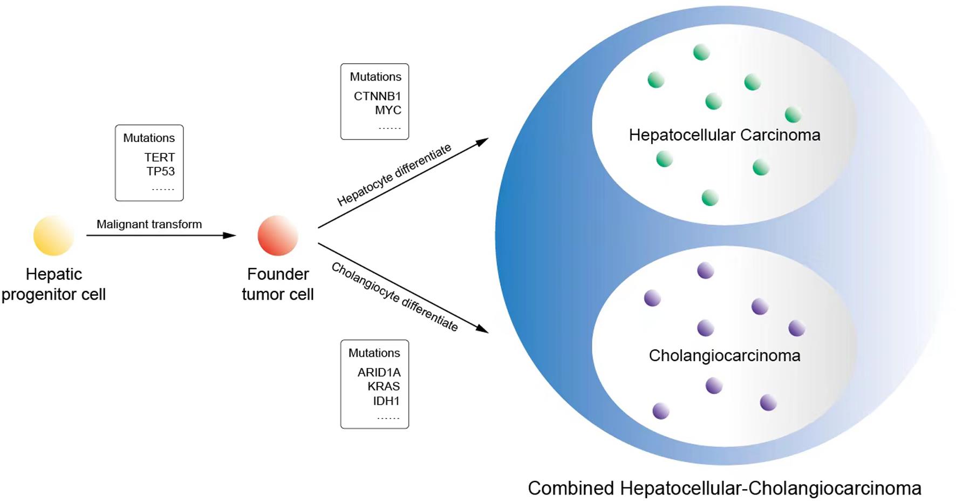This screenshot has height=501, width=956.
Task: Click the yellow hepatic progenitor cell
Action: click(x=53, y=235)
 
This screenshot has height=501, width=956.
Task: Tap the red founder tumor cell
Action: click(x=278, y=235)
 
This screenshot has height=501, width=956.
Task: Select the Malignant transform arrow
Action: click(x=161, y=235)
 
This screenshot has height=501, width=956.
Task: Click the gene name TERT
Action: click(x=159, y=157)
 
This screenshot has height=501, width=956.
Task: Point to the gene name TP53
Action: click(x=160, y=171)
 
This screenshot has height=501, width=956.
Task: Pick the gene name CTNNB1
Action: click(x=377, y=96)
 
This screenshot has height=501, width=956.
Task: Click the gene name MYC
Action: click(x=388, y=110)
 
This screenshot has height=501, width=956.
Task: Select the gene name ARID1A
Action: click(x=379, y=373)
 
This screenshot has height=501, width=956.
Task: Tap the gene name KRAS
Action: click(x=384, y=387)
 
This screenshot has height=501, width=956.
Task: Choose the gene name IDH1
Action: click(x=386, y=401)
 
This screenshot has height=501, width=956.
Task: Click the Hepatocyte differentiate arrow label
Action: click(x=394, y=175)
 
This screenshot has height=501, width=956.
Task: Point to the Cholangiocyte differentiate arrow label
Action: click(x=394, y=297)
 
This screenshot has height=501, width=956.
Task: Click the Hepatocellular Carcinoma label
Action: click(x=724, y=135)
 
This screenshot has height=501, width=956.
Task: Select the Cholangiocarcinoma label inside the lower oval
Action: click(x=724, y=356)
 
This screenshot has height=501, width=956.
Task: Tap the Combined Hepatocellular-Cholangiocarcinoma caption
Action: click(x=724, y=488)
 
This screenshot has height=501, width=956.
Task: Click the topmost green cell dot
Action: click(x=701, y=52)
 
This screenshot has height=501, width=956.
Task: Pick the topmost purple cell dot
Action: click(x=705, y=270)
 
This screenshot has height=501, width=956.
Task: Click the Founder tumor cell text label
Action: click(x=278, y=284)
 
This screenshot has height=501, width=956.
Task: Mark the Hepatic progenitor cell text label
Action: click(x=53, y=284)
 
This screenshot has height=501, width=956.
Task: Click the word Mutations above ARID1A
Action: click(x=374, y=353)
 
